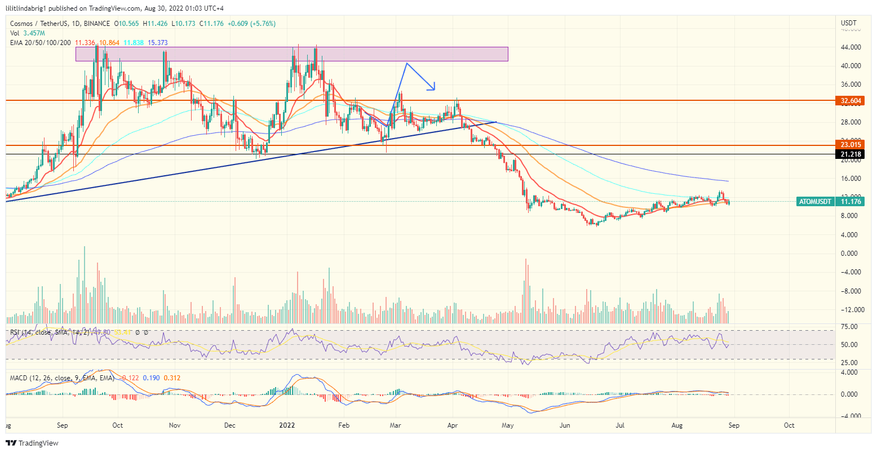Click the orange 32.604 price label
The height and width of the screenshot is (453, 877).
point(850,101)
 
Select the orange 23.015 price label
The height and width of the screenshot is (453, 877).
point(850,145)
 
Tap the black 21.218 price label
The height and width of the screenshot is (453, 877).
point(850,154)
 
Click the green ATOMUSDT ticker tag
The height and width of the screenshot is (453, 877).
point(814,201)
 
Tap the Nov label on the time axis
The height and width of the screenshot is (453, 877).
point(175,425)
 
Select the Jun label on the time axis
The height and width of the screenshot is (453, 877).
point(564,425)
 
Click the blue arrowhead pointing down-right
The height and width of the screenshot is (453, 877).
point(433,87)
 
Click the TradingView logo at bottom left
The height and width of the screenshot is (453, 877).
point(32,443)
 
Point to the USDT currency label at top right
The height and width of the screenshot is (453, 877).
point(848,23)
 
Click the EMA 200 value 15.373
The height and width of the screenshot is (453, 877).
point(157,43)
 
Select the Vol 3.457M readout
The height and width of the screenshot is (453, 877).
point(23,33)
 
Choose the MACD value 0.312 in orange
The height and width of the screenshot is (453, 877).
point(172,377)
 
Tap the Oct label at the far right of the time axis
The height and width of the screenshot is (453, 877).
point(789,425)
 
